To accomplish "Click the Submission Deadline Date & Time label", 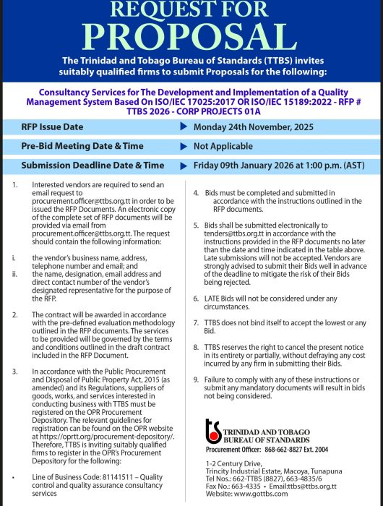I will point(92,166).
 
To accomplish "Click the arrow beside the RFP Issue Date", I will point(183,126).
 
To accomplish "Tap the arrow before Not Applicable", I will point(183,146).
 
